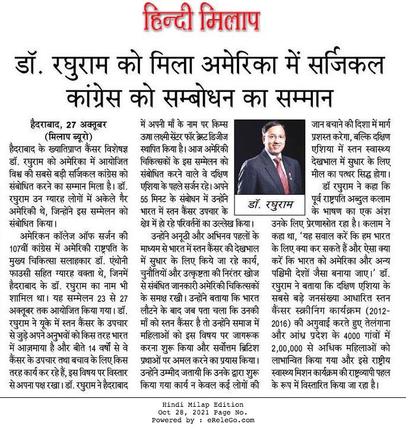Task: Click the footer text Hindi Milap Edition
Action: pos(202,405)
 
